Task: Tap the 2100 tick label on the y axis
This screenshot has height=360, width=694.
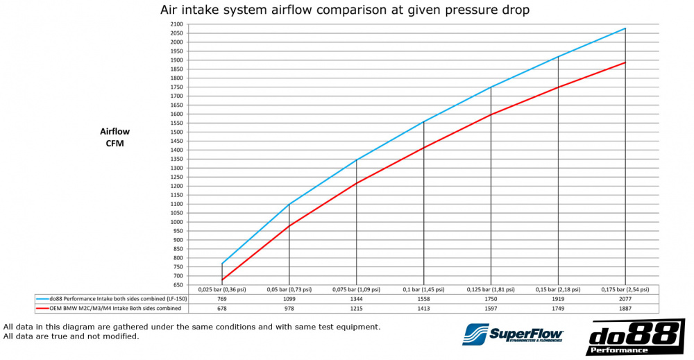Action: [x=176, y=24]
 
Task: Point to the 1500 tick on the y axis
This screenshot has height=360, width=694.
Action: [x=176, y=132]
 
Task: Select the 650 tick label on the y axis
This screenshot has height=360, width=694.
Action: [x=178, y=285]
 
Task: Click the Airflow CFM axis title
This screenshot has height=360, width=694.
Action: [x=114, y=137]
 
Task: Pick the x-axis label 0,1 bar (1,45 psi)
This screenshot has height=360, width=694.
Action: [x=423, y=289]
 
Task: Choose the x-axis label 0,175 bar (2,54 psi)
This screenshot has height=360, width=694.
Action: [x=625, y=289]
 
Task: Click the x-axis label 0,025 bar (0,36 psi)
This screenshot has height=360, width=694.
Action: [x=222, y=289]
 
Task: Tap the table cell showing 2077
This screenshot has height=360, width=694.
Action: [x=625, y=298]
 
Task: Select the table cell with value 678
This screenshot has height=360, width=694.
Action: [x=222, y=308]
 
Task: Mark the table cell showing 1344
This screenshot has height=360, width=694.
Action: [x=356, y=298]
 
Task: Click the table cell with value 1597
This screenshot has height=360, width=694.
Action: [x=491, y=308]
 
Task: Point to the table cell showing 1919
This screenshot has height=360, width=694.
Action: [x=558, y=298]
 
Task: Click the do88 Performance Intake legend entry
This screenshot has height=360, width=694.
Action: [x=111, y=298]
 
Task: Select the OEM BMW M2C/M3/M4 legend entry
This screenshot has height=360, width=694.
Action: [x=111, y=308]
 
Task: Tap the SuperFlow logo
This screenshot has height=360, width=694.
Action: [x=514, y=334]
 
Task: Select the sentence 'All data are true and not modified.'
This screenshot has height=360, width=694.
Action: [x=71, y=336]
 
